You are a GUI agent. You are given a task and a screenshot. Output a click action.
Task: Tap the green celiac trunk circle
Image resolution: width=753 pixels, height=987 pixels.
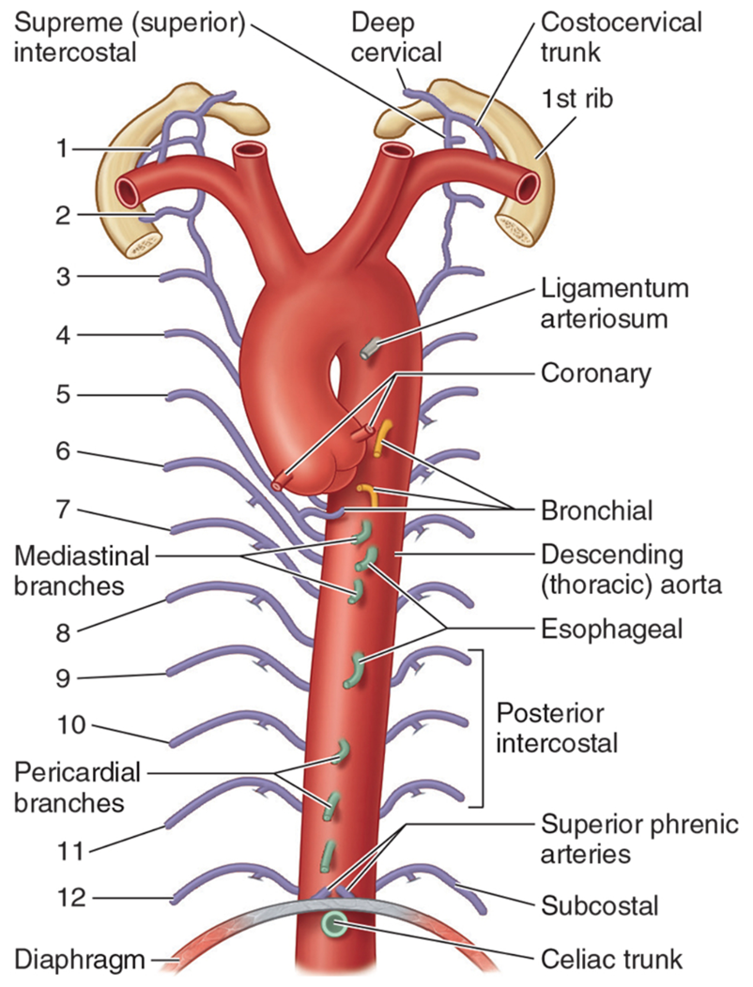(334, 924)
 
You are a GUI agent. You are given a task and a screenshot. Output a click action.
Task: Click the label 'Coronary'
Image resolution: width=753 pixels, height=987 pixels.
(595, 373)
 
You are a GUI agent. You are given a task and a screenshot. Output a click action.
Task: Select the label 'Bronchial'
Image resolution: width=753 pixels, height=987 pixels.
(597, 509)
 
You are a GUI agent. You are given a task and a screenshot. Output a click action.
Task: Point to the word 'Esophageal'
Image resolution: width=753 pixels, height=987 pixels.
(612, 629)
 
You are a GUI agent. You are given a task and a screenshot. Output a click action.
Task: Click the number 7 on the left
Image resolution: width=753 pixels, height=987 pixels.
(63, 509)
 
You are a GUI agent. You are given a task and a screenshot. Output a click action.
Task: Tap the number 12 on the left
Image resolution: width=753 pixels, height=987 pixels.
(70, 897)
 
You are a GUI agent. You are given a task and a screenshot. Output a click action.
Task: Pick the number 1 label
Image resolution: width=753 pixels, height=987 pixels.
(62, 149)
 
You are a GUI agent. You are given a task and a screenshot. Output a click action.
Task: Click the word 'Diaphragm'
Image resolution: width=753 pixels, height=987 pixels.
(80, 961)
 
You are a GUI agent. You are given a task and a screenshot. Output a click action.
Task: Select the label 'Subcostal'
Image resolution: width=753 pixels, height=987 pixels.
(599, 905)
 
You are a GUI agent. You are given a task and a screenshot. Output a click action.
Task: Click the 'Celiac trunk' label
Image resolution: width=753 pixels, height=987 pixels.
(611, 960)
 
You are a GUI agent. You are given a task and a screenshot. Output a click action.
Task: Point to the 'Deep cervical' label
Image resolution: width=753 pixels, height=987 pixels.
(396, 38)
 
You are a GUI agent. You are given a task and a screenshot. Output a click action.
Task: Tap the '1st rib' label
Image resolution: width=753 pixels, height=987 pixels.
(576, 99)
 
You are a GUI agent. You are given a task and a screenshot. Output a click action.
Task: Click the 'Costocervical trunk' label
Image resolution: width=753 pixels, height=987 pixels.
(621, 38)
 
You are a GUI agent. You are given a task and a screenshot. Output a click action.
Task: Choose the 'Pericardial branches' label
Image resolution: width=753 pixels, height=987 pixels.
(78, 787)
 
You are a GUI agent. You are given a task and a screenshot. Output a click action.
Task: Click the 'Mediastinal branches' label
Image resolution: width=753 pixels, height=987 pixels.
(82, 570)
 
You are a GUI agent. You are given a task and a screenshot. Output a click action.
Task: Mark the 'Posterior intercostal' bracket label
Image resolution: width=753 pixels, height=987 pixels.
(557, 728)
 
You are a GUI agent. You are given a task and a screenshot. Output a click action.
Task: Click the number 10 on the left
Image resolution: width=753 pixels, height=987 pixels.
(70, 724)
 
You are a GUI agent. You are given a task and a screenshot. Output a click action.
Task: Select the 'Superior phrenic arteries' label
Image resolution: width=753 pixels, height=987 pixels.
(639, 839)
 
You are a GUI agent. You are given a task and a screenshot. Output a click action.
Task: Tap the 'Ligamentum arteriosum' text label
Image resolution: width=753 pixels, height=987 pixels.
(614, 303)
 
